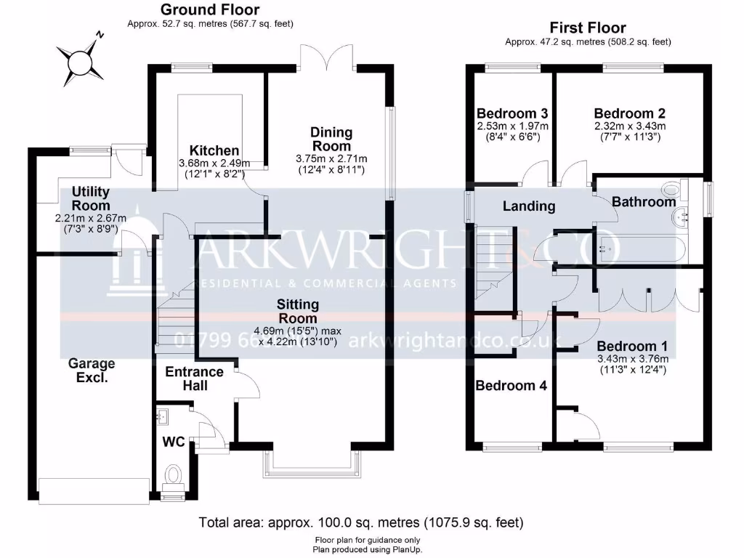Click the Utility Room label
click(91, 198)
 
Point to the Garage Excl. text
click(92, 371)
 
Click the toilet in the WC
click(174, 477)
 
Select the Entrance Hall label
click(195, 379)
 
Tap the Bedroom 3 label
click(511, 113)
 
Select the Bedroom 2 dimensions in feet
click(629, 137)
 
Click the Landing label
click(529, 206)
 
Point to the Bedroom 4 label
click(511, 386)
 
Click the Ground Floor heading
click(209, 9)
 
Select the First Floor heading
click(588, 28)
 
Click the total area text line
click(361, 522)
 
